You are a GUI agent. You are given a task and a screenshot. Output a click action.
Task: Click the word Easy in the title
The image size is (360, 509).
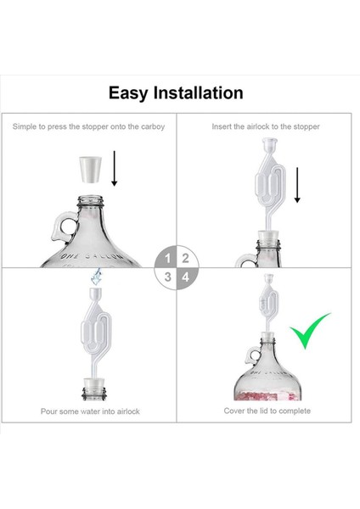tap(128, 93)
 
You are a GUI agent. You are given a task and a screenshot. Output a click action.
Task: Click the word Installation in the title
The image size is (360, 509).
tap(198, 92)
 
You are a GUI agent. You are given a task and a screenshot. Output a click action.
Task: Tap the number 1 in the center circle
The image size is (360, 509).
tap(167, 259)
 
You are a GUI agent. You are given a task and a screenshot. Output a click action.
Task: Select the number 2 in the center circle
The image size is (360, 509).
tap(186, 259)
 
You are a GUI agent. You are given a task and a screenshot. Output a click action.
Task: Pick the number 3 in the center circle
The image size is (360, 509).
tap(167, 277)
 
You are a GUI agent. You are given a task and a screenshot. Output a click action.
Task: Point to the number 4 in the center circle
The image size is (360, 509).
tap(186, 277)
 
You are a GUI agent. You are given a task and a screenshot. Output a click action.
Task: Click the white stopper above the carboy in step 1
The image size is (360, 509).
tap(90, 170)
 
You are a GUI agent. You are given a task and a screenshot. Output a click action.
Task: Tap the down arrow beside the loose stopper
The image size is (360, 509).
tap(114, 168)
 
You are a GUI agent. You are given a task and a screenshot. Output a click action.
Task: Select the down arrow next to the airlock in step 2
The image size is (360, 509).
tap(297, 185)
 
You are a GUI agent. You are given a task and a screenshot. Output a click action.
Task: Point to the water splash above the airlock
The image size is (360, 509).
tap(96, 277)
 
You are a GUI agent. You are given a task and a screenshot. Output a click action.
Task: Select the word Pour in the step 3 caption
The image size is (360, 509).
tap(48, 411)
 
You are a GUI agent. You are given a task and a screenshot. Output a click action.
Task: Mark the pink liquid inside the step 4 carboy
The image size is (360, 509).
tap(267, 395)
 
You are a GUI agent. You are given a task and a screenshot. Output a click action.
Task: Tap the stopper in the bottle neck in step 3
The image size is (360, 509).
tap(93, 385)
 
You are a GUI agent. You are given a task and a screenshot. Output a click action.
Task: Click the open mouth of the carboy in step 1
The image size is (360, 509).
tap(90, 198)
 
